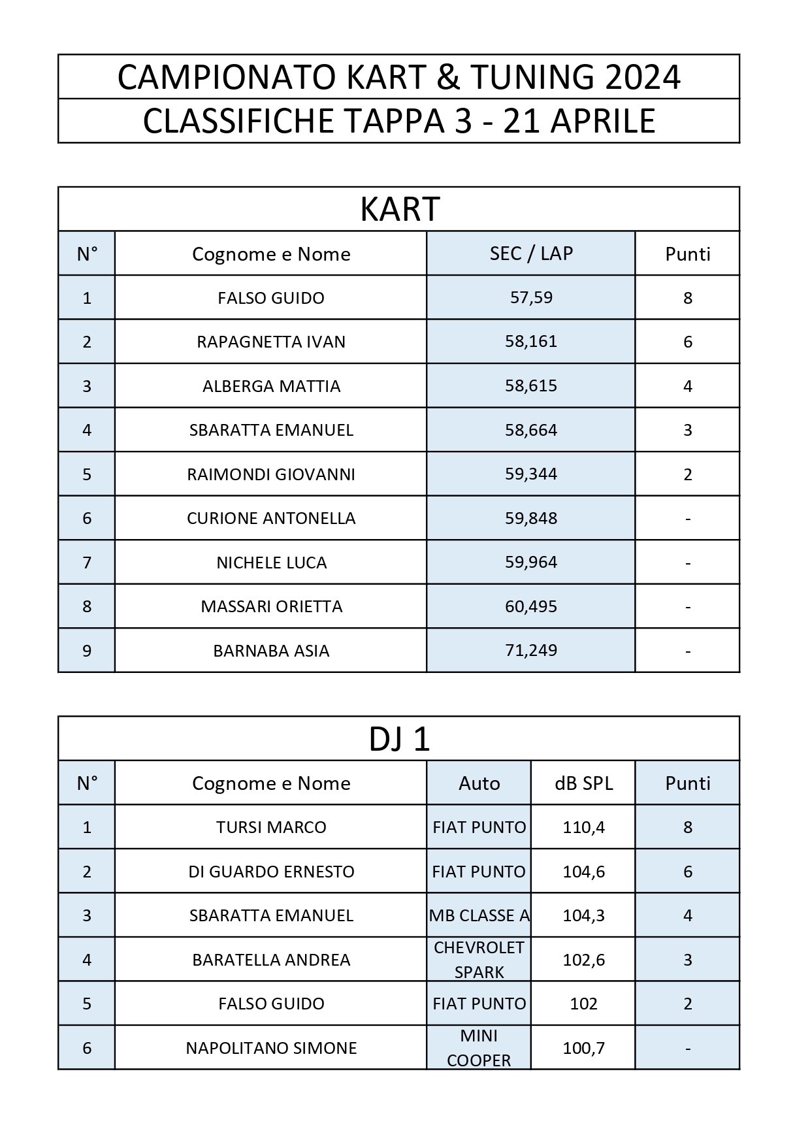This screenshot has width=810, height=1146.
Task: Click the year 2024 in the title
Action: click(643, 77)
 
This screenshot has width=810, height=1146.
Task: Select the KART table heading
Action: click(400, 209)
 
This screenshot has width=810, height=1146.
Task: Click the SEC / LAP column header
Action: click(531, 254)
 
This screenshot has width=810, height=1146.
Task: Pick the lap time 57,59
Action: click(531, 298)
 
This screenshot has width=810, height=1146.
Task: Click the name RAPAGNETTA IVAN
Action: click(271, 342)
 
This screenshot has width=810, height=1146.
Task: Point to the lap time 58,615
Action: click(531, 386)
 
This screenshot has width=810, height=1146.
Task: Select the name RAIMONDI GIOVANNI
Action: click(271, 474)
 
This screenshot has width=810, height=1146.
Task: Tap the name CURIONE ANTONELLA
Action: click(271, 518)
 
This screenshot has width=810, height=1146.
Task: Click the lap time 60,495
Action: click(531, 606)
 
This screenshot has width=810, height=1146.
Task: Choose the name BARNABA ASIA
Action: click(271, 651)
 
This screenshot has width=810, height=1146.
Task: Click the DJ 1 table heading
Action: click(399, 739)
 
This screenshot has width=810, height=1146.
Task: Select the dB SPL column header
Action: click(583, 783)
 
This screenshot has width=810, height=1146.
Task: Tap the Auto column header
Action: click(479, 783)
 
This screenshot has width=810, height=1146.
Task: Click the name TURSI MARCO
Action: click(271, 827)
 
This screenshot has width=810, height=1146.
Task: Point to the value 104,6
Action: click(583, 872)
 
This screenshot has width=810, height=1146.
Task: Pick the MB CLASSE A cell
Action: click(479, 915)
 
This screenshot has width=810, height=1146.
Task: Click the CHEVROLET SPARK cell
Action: click(479, 959)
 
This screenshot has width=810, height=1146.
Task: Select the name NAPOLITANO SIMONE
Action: click(271, 1048)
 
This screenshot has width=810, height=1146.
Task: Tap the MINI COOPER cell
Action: click(479, 1047)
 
